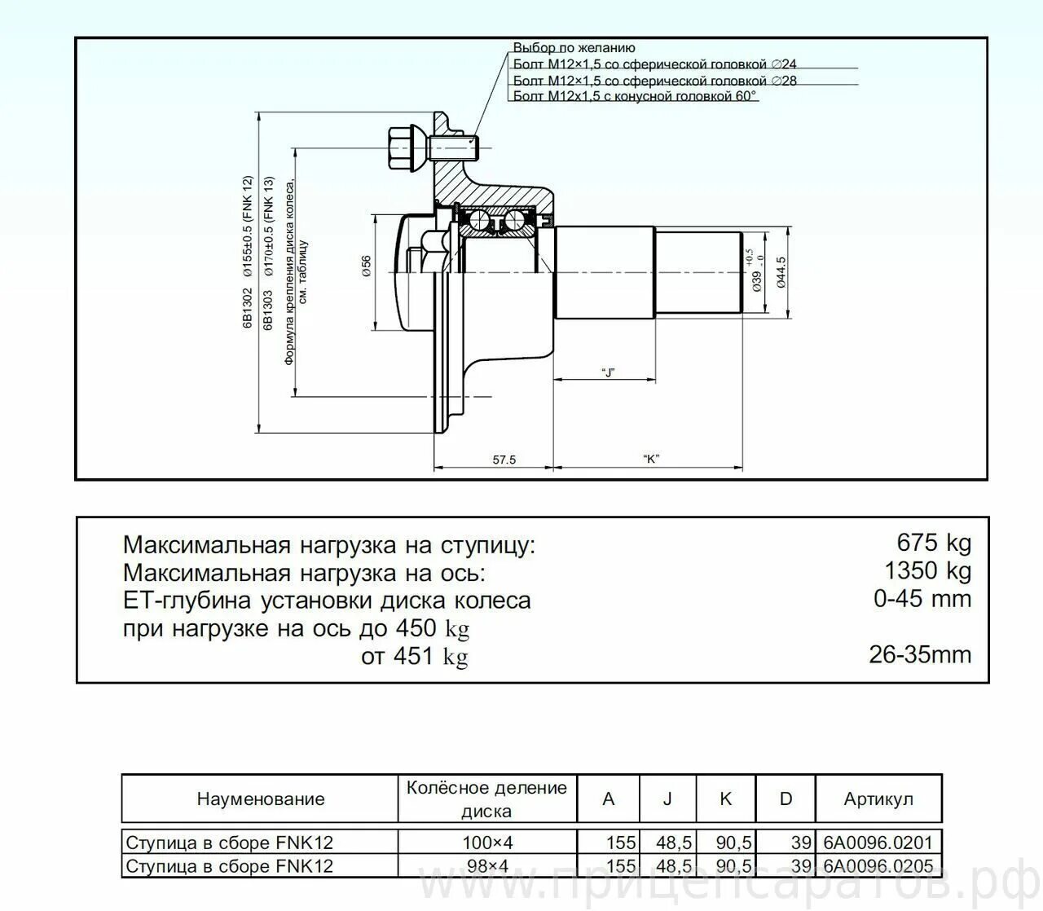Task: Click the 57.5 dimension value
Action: pyautogui.click(x=504, y=460)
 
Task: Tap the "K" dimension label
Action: pyautogui.click(x=650, y=459)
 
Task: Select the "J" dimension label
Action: pyautogui.click(x=607, y=372)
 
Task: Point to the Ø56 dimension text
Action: pyautogui.click(x=367, y=266)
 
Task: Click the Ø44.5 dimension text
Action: pyautogui.click(x=781, y=271)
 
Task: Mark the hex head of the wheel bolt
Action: pyautogui.click(x=399, y=148)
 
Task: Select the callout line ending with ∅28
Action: pyautogui.click(x=654, y=81)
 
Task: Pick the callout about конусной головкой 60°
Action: pyautogui.click(x=635, y=96)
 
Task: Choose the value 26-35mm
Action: pyautogui.click(x=919, y=654)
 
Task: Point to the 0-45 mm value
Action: pyautogui.click(x=922, y=599)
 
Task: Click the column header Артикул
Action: pyautogui.click(x=878, y=799)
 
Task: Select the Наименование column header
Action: pyautogui.click(x=260, y=799)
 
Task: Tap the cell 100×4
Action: pyautogui.click(x=486, y=843)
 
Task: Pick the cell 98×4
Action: pyautogui.click(x=486, y=866)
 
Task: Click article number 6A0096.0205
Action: pyautogui.click(x=878, y=866)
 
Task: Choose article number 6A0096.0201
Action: pyautogui.click(x=878, y=843)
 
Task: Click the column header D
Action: pyautogui.click(x=786, y=799)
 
